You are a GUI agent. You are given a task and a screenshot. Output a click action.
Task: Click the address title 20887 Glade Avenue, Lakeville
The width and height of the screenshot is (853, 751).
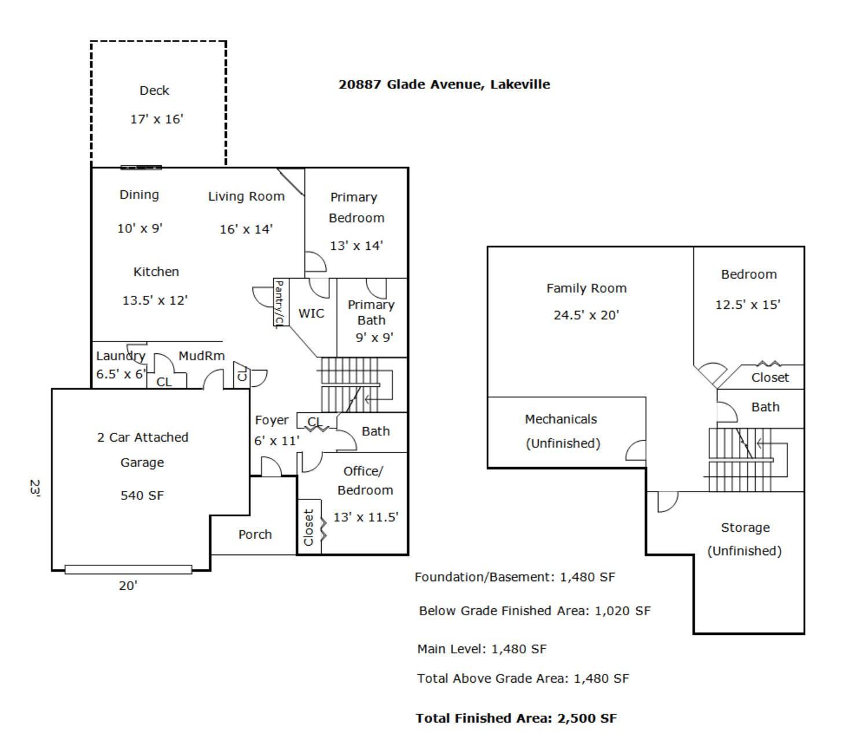tap(444, 84)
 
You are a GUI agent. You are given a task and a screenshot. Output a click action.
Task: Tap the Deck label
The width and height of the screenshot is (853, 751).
tap(154, 91)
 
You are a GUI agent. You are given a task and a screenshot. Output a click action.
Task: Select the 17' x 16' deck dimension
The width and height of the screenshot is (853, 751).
tap(156, 119)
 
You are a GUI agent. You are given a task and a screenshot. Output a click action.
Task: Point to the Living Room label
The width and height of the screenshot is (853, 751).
tap(246, 197)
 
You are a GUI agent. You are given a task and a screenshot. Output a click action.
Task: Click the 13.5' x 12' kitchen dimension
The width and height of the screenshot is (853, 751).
tap(155, 301)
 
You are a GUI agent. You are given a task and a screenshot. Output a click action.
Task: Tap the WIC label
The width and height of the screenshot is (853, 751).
tap(311, 313)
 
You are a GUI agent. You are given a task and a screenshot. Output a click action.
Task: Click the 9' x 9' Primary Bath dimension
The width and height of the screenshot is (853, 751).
tap(374, 337)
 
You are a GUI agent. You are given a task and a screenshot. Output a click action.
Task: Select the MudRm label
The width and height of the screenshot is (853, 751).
tap(201, 356)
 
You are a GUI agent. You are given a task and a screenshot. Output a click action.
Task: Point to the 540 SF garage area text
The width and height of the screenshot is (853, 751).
tap(142, 495)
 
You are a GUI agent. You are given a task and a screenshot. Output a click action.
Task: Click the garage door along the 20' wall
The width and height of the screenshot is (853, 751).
tap(128, 569)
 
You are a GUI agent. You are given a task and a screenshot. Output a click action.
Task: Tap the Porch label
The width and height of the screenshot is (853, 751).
tap(255, 534)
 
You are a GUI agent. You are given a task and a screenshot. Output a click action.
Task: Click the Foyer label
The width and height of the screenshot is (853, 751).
tap(271, 420)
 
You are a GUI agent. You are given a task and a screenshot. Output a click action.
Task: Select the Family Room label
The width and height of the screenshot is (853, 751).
tap(586, 288)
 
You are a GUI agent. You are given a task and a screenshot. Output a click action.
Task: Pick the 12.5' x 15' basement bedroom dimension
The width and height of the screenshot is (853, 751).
tap(748, 305)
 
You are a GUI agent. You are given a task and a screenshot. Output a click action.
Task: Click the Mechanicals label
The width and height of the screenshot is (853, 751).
tap(560, 419)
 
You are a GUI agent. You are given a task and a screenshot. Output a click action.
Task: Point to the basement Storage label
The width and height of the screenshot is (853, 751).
tap(745, 527)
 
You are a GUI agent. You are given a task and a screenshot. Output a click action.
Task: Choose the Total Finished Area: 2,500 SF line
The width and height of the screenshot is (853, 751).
tap(516, 718)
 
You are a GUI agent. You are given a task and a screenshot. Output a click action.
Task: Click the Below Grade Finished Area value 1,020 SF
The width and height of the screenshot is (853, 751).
tap(622, 611)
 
